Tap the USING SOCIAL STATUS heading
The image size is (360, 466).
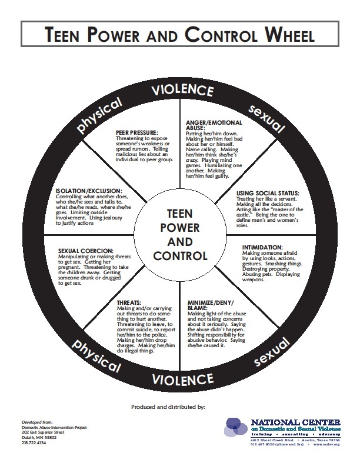tap(268, 193)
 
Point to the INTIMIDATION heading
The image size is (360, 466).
tap(259, 247)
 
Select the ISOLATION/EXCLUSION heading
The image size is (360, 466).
tap(89, 191)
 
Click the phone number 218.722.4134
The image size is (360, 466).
tap(34, 442)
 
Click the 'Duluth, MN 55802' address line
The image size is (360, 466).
tap(38, 437)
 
